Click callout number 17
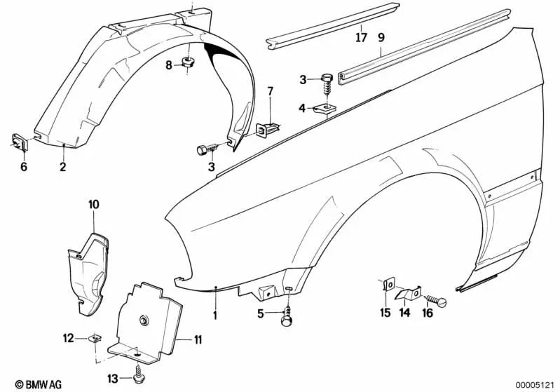pos(362,37)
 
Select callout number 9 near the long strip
pos(381,37)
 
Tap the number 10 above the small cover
pos(94,204)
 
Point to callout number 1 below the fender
pos(215,315)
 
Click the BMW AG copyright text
pos(39,384)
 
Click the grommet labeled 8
pos(188,63)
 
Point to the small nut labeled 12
pos(95,337)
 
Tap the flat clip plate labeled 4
pos(323,109)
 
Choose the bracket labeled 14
pos(408,294)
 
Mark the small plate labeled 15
pos(388,285)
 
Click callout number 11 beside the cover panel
pos(198,339)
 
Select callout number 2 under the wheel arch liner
pos(63,166)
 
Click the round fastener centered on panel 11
pos(144,320)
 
